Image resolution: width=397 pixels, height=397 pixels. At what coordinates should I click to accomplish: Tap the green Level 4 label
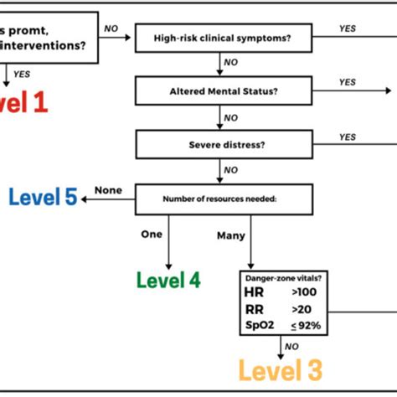(168, 280)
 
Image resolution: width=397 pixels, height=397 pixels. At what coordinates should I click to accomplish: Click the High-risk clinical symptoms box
(223, 37)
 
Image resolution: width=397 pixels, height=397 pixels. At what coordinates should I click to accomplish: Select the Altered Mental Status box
(223, 90)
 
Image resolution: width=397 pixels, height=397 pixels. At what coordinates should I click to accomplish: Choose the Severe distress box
(223, 143)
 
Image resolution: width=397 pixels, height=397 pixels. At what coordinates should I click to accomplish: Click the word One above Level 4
(151, 235)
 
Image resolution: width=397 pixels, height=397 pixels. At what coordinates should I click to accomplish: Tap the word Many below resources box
(230, 236)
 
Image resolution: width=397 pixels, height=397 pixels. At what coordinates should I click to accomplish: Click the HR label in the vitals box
(254, 291)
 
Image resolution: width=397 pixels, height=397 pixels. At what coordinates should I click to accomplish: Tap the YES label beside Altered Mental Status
(348, 82)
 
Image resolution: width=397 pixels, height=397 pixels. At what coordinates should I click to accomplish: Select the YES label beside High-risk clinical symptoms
(348, 28)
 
